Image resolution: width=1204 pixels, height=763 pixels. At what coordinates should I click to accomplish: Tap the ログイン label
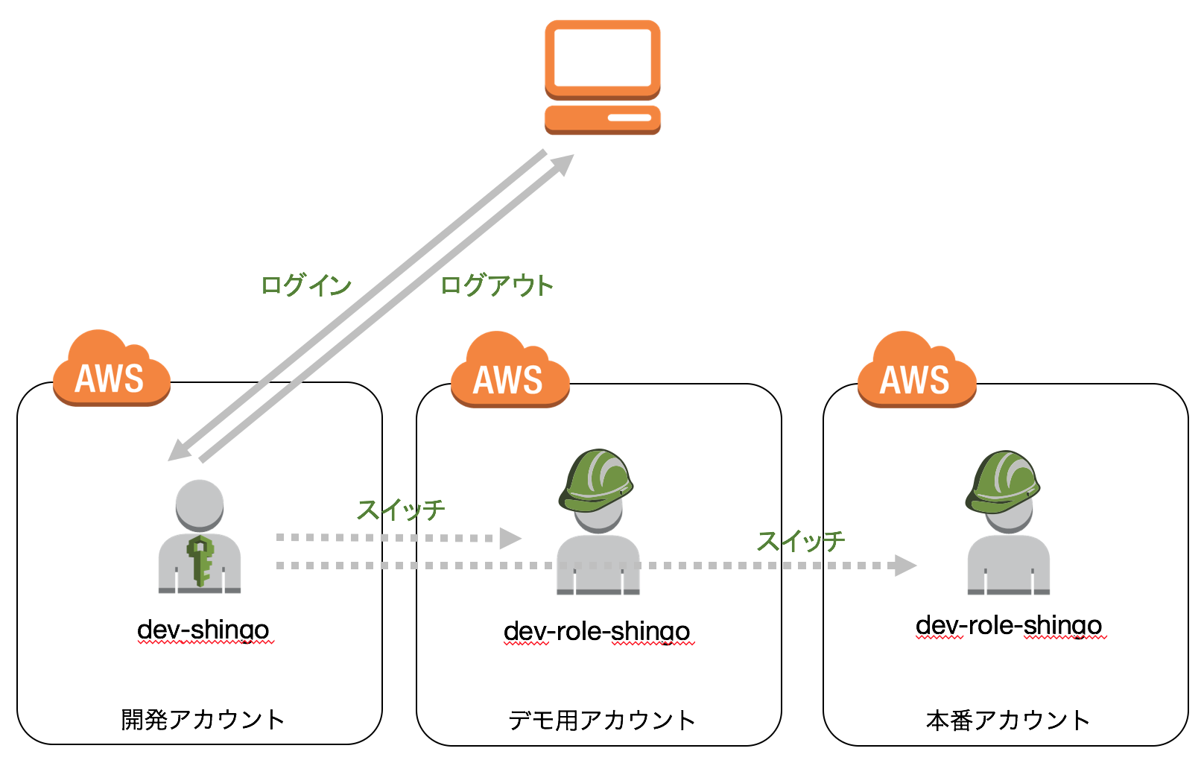point(305,285)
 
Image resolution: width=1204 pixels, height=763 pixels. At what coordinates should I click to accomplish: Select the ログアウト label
point(496,285)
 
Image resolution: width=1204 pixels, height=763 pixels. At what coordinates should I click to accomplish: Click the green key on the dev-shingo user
point(200,559)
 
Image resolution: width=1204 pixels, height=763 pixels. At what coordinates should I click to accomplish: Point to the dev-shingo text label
point(203,630)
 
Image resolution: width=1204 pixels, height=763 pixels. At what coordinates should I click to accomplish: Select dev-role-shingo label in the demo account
point(596,631)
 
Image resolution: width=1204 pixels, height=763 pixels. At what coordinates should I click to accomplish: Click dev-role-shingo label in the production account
point(1008,625)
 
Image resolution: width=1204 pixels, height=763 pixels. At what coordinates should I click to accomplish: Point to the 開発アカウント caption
point(203,719)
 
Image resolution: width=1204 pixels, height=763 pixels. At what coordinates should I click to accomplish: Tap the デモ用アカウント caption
point(601,720)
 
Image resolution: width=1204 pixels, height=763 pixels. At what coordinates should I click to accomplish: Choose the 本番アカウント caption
point(1007,720)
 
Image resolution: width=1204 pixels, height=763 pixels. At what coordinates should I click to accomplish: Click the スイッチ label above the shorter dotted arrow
point(401,510)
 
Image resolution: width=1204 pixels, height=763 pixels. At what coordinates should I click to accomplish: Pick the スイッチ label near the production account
point(801,541)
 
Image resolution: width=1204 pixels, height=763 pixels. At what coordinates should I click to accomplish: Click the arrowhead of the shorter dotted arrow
point(510,538)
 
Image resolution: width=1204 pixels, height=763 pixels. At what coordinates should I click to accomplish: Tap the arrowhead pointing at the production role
point(904,566)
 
